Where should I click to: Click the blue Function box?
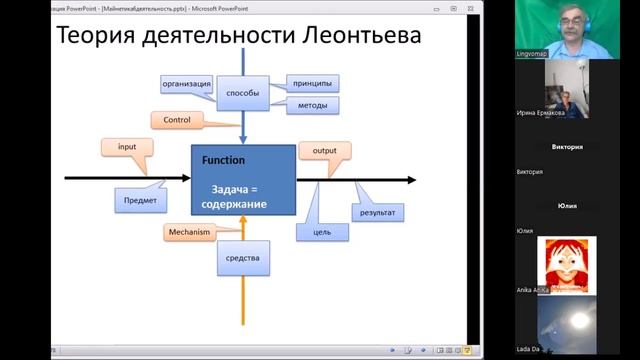click(x=243, y=181)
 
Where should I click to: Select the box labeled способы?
click(x=243, y=93)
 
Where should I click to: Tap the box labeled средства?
click(x=243, y=258)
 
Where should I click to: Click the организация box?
click(x=185, y=84)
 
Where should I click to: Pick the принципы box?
click(x=312, y=83)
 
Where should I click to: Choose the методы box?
click(x=312, y=105)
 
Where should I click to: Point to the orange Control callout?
click(x=177, y=120)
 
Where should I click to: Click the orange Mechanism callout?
click(x=189, y=232)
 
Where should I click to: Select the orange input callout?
click(x=127, y=148)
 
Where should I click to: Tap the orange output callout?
click(x=325, y=151)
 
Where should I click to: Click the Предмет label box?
click(x=140, y=200)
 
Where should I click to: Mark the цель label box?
click(x=322, y=232)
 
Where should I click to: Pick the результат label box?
click(x=377, y=213)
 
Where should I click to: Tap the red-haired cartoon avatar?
click(x=567, y=262)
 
